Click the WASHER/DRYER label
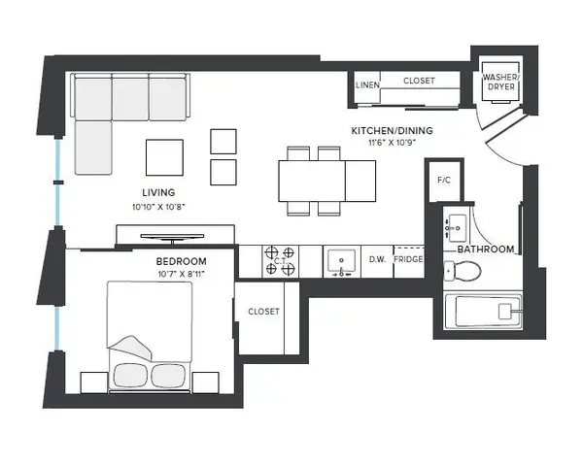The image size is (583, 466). (x=501, y=83)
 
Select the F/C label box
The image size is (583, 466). (x=444, y=180)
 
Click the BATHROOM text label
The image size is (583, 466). (x=486, y=250)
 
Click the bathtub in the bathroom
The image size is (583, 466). (x=485, y=312)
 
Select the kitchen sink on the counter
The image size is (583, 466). (x=340, y=260)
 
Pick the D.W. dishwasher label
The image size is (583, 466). (x=378, y=260)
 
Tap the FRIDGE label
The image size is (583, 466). (x=408, y=260)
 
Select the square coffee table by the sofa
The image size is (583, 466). (x=164, y=156)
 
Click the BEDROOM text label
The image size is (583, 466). (x=182, y=262)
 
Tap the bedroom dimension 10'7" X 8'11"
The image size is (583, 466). (x=182, y=274)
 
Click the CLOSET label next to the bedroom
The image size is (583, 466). (x=263, y=312)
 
